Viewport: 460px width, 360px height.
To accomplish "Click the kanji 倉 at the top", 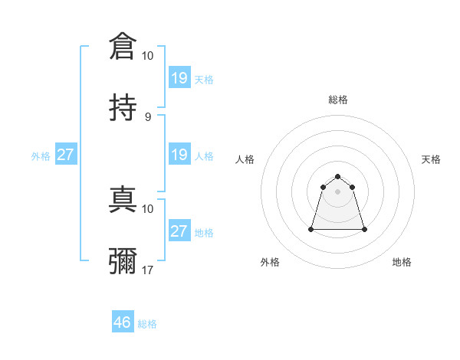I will [123, 46].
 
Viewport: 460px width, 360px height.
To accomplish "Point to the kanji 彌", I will [123, 260].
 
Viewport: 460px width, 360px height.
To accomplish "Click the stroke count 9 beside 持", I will [148, 116].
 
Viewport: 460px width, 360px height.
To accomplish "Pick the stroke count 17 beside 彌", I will [148, 270].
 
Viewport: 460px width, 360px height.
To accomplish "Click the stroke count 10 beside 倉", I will [148, 56].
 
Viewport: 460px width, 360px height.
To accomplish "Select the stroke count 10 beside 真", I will [148, 208].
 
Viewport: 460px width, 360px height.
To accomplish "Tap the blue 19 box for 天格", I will [179, 78].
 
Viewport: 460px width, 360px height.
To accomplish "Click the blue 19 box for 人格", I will [179, 155].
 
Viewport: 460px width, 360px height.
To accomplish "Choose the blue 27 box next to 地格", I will [179, 231].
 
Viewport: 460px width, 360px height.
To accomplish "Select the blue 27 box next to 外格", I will [65, 155].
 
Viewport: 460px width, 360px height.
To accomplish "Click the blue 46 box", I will [122, 322].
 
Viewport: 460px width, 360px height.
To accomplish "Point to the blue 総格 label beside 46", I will [147, 324].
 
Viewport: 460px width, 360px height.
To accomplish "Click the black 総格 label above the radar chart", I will [338, 100].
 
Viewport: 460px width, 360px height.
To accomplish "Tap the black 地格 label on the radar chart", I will [402, 262].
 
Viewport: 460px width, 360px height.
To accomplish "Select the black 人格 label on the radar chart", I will [245, 159].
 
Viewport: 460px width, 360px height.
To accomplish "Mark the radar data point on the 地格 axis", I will [364, 229].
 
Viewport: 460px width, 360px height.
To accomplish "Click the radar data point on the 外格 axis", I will [312, 228].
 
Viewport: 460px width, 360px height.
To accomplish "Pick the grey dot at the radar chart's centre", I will [338, 191].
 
